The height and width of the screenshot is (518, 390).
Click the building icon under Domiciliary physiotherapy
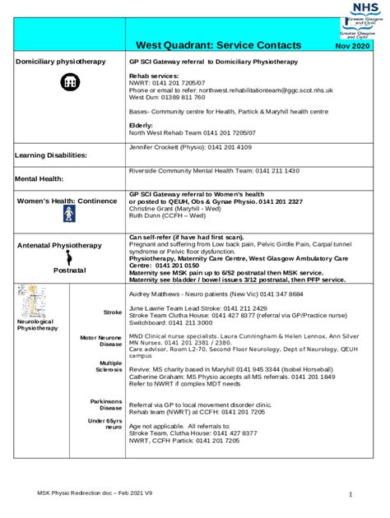pyautogui.click(x=68, y=82)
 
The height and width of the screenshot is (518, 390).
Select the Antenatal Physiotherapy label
pyautogui.click(x=59, y=245)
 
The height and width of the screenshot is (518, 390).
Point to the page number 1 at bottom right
pyautogui.click(x=350, y=494)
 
